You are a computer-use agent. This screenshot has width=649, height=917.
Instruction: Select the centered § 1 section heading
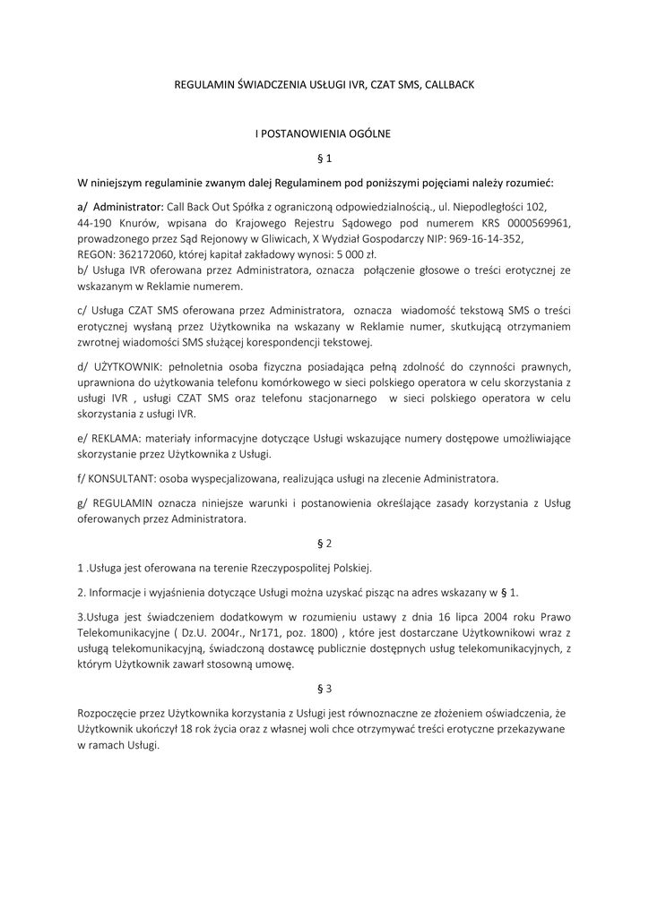(x=324, y=159)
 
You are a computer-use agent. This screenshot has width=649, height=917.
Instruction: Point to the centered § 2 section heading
(x=324, y=544)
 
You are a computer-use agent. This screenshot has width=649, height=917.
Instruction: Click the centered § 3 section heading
(x=324, y=689)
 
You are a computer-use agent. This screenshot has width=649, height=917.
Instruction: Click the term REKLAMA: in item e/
(x=115, y=438)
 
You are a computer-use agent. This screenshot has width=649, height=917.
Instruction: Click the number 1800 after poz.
(x=326, y=633)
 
